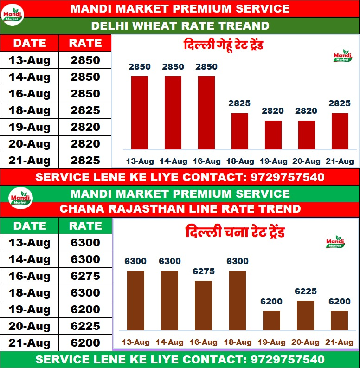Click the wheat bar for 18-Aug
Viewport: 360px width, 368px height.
coord(240,131)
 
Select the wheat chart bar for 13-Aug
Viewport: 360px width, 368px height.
coord(140,113)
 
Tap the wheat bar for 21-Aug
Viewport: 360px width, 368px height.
coord(340,131)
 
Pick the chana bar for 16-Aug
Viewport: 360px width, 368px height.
coord(203,305)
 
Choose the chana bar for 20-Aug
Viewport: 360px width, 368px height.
coord(305,316)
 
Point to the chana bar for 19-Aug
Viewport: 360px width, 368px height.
coord(271,321)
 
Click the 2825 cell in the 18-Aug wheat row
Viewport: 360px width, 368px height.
coord(85,110)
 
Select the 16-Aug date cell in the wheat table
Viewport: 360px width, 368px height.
coord(29,94)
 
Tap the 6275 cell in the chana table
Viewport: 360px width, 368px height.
coord(85,276)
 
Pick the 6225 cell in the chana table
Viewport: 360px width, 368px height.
coord(85,326)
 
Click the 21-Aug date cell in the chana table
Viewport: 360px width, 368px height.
coord(29,343)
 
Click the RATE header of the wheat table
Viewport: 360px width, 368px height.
coord(85,43)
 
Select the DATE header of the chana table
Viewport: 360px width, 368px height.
coord(29,226)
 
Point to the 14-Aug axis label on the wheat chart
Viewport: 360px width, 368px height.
coord(173,161)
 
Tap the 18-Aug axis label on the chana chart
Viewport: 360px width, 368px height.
coord(238,342)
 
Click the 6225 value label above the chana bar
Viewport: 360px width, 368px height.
coord(305,291)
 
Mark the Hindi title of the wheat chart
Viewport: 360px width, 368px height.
coord(224,46)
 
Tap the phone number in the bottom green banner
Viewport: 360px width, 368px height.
coord(287,360)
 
